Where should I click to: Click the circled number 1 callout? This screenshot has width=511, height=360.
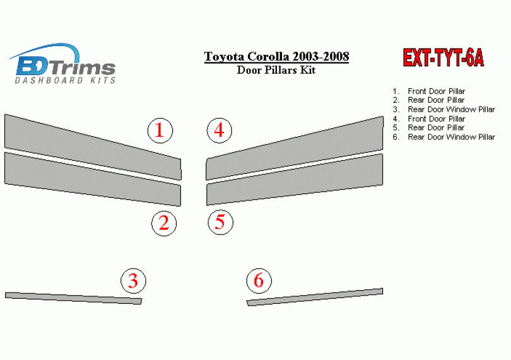[160, 131]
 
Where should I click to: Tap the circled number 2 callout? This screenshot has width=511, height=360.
[164, 223]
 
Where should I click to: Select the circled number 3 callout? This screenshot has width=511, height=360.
[133, 281]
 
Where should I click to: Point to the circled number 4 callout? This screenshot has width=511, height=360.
[220, 131]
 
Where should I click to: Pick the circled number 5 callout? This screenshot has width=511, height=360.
[221, 223]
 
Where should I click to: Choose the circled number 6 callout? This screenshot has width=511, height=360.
[259, 281]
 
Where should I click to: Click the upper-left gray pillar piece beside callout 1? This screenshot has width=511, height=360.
[93, 147]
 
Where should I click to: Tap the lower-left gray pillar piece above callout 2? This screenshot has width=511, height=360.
[93, 179]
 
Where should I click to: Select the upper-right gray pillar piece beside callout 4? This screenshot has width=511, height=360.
[294, 148]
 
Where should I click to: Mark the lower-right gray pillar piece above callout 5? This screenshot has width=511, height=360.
[294, 180]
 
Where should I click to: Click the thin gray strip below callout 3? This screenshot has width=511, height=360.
[73, 298]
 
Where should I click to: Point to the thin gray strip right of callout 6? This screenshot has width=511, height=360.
[315, 297]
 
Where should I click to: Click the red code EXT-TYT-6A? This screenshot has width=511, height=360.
[443, 58]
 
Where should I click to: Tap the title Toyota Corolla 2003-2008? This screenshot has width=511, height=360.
[276, 56]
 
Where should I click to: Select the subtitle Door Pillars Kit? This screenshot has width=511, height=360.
[276, 70]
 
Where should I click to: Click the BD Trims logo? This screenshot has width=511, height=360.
[64, 64]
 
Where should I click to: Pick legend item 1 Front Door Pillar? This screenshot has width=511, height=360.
[429, 91]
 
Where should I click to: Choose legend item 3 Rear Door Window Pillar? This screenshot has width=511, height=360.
[444, 110]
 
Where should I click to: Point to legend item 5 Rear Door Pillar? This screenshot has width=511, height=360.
[428, 128]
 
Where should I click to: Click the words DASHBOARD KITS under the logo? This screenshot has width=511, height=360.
[65, 80]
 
